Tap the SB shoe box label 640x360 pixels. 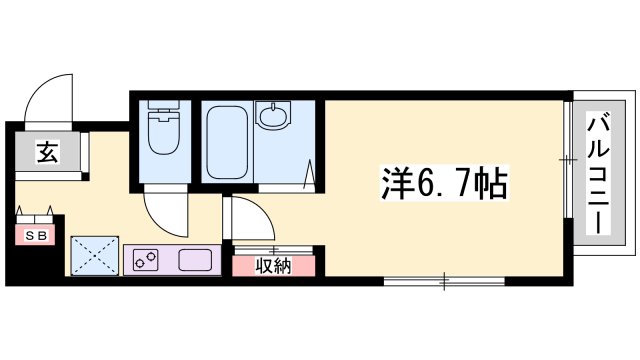(x=35, y=236)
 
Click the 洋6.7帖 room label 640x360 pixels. (x=443, y=183)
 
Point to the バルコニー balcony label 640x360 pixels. (x=598, y=174)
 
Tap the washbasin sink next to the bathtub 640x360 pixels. (x=272, y=118)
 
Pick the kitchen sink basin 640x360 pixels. (x=196, y=261)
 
